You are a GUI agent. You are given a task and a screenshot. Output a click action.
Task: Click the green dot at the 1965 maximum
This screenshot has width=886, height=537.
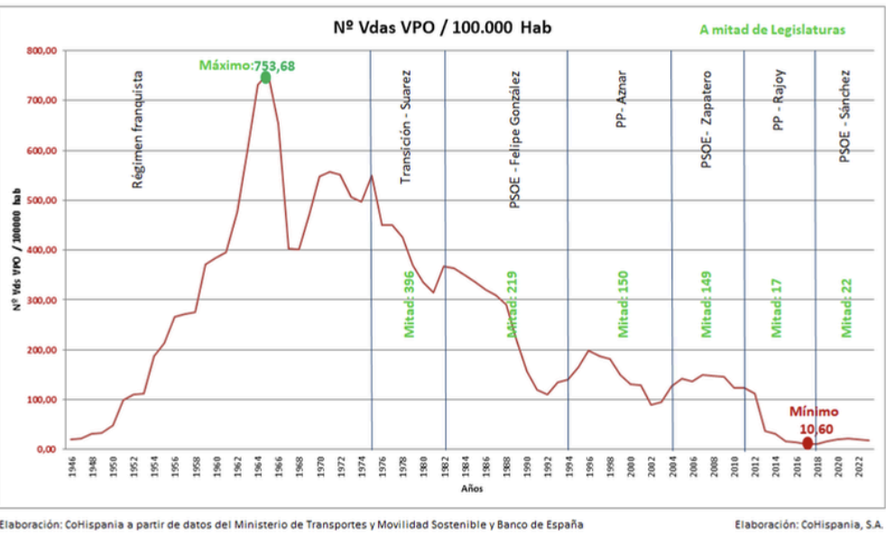(x=265, y=78)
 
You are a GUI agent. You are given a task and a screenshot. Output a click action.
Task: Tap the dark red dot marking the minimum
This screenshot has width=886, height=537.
(x=808, y=442)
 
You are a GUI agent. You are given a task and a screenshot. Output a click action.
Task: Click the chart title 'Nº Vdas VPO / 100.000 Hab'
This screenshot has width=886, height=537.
(x=443, y=28)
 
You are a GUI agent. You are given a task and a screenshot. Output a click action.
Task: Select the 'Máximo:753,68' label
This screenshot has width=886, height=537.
(x=247, y=65)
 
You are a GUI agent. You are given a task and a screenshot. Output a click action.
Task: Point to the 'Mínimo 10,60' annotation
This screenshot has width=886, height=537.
(x=816, y=419)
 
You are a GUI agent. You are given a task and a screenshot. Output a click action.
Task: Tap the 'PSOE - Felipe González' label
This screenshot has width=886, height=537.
(x=514, y=140)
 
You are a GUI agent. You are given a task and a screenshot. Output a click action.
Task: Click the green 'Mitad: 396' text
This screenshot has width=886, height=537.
(x=409, y=304)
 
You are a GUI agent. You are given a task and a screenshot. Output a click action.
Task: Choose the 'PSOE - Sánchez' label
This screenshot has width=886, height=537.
(x=845, y=117)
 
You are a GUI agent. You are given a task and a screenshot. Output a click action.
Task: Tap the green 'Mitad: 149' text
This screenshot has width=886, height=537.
(x=707, y=304)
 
